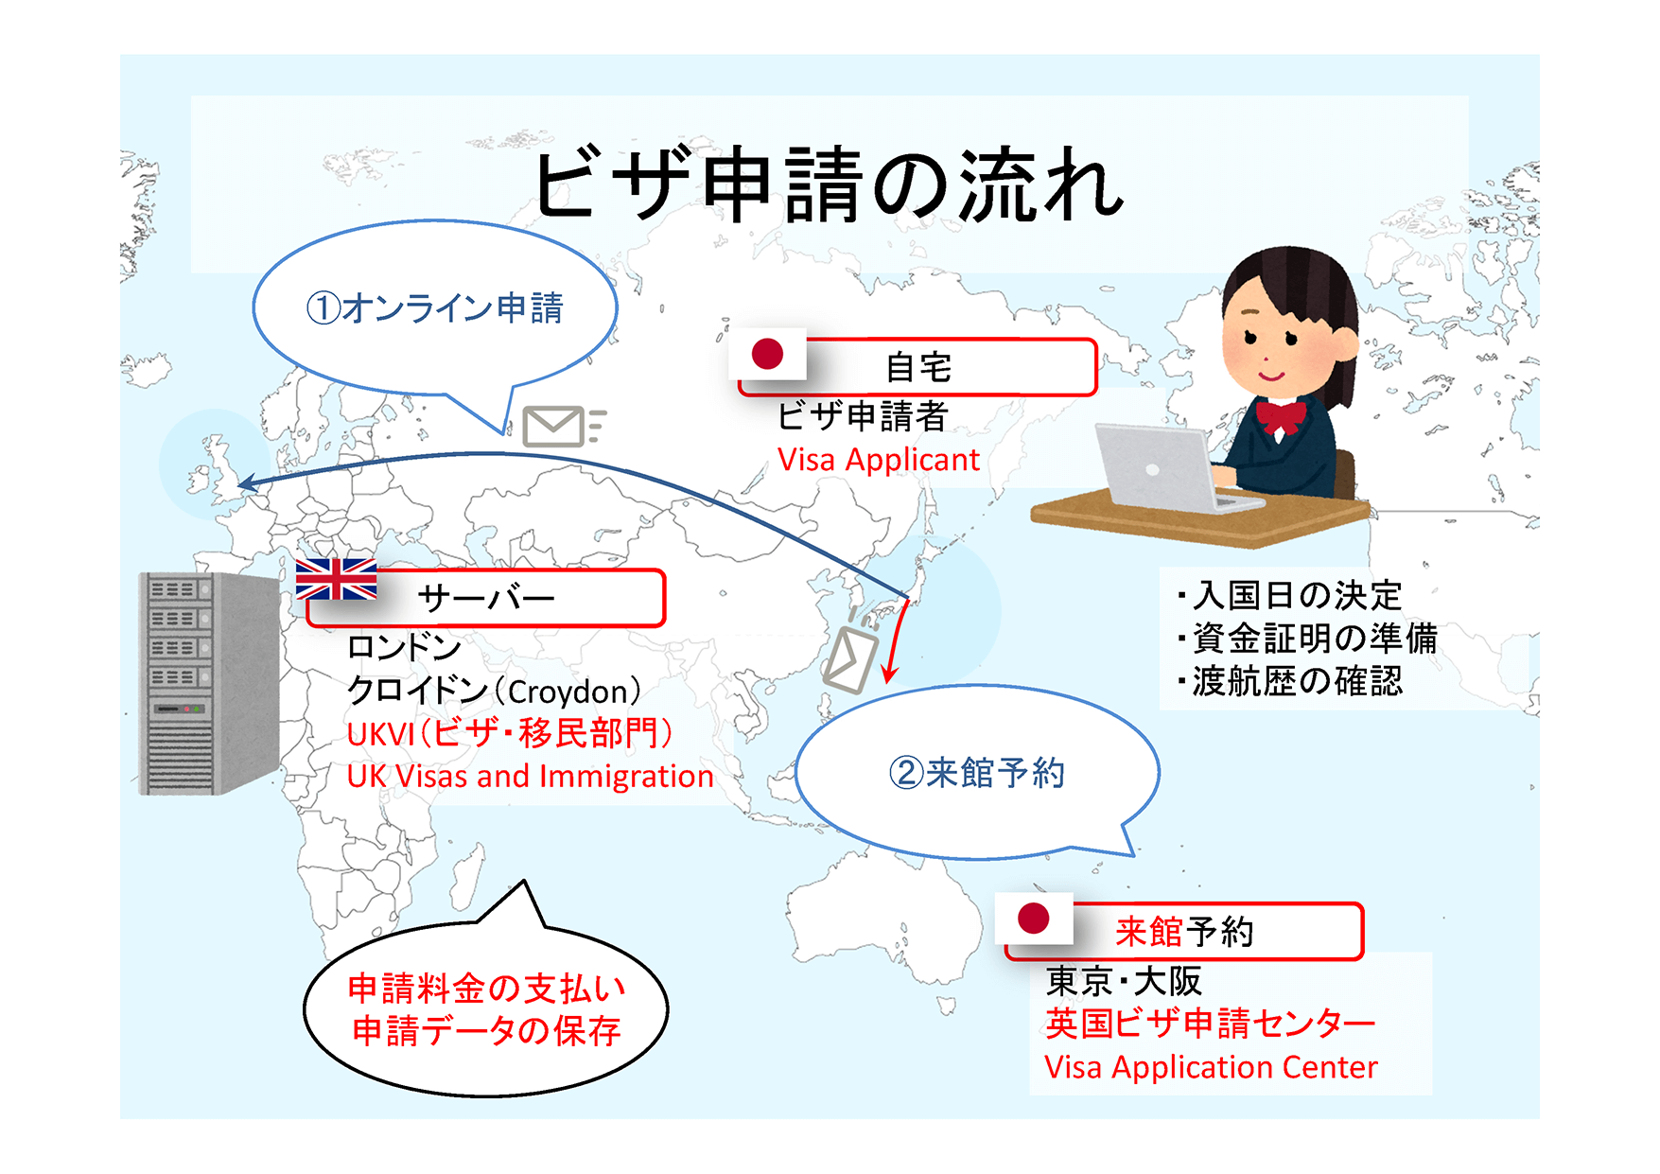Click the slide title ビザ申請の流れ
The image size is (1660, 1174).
coord(829,185)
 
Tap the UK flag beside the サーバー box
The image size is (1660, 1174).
coord(336,579)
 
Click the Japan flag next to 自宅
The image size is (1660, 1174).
coord(768,355)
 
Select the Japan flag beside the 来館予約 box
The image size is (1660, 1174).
coord(1034,918)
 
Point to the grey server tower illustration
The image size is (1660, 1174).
coord(207,683)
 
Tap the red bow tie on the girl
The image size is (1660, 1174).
coord(1281,416)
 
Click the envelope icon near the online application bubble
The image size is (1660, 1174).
coord(556,426)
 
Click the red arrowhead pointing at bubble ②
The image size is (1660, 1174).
coord(889,674)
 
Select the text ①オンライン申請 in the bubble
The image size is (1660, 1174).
coord(434,308)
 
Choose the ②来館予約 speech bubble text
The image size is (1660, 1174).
coord(976,773)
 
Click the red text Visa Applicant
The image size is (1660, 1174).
coord(878,460)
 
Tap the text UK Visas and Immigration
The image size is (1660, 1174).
coord(530,777)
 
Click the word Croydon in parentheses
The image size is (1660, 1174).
coord(568,692)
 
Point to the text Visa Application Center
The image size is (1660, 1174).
coord(1211,1067)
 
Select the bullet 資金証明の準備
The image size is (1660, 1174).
coord(1314,639)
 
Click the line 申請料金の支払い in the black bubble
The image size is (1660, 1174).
coord(486,989)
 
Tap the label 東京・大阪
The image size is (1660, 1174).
coord(1123,981)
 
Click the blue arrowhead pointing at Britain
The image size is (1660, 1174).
coord(248,484)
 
